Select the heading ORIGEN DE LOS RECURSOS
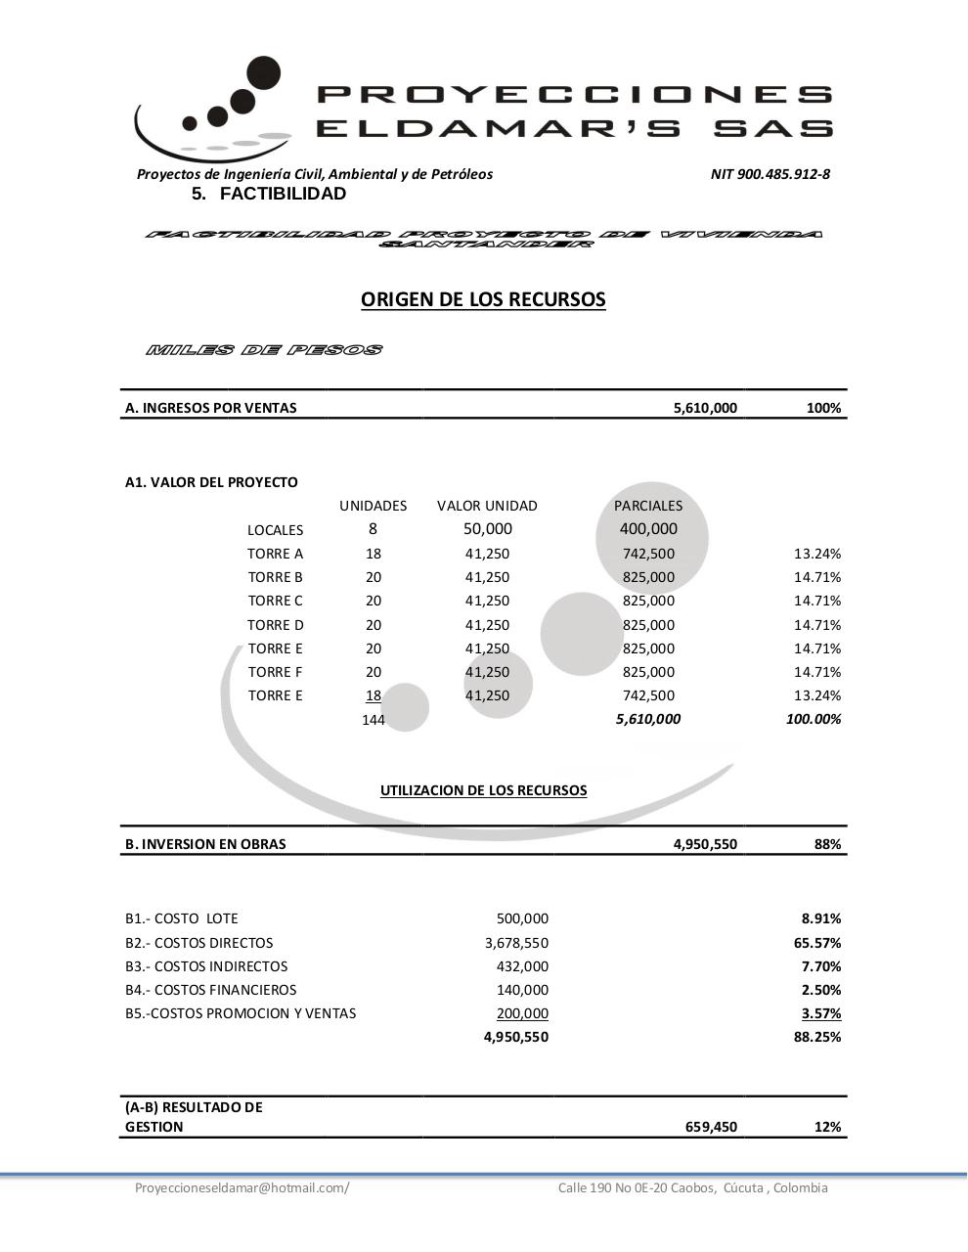click(x=483, y=299)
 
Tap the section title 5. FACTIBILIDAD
click(x=269, y=194)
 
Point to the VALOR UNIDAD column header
click(x=487, y=506)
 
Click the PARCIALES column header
click(x=648, y=506)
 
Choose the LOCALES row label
click(x=275, y=530)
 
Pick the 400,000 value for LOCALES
click(x=648, y=529)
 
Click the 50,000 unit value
click(x=487, y=529)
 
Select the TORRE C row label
click(x=275, y=601)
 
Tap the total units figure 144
click(x=373, y=720)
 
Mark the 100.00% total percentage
click(x=813, y=719)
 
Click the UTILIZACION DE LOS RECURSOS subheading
click(x=483, y=790)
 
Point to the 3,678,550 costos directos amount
click(x=516, y=943)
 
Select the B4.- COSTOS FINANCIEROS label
click(x=210, y=990)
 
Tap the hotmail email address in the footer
click(x=242, y=1187)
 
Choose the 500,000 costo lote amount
click(x=522, y=918)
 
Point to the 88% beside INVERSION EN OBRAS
click(x=827, y=844)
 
